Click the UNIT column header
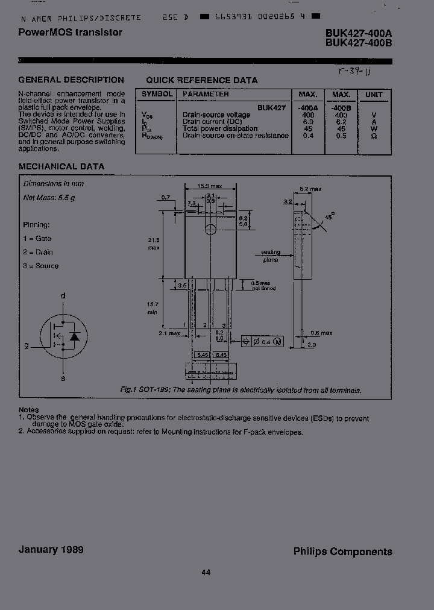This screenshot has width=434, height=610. click(374, 95)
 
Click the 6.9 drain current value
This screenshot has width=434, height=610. click(308, 122)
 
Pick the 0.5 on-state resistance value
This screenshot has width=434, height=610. click(341, 136)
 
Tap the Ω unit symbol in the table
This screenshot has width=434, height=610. click(374, 136)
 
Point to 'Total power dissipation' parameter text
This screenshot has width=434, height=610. click(220, 128)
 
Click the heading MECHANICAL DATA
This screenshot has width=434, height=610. click(61, 166)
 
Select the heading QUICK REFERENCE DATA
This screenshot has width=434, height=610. click(202, 80)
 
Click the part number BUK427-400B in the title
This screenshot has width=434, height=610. click(359, 43)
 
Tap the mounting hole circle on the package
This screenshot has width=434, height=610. click(210, 228)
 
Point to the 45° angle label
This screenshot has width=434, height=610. click(329, 216)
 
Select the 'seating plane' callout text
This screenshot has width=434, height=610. click(271, 256)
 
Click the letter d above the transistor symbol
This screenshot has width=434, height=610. click(63, 296)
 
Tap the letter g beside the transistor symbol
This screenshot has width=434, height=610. click(27, 345)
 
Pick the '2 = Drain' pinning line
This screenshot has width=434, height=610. click(38, 252)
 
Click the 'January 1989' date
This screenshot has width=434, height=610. click(51, 549)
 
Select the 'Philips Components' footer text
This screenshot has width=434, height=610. click(342, 551)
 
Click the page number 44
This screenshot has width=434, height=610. click(206, 573)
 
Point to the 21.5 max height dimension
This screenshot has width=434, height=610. click(154, 244)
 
